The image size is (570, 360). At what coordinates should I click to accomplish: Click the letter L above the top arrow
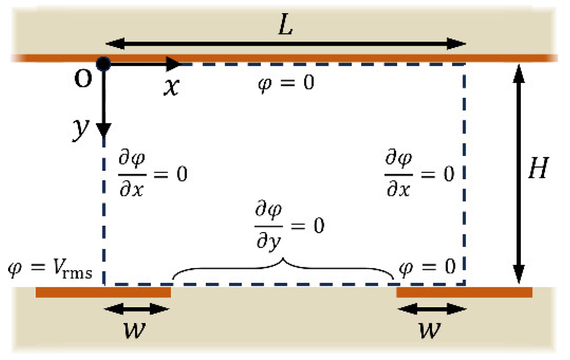[x=286, y=26]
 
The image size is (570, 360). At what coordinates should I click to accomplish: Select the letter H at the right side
[x=539, y=168]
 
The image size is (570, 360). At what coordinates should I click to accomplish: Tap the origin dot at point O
[x=104, y=63]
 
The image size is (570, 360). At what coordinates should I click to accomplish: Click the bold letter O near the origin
[x=83, y=79]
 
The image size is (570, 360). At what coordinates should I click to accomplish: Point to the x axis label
[x=171, y=87]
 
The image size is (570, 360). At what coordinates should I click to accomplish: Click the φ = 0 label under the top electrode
[x=286, y=83]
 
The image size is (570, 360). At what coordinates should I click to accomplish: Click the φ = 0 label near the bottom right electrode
[x=427, y=267]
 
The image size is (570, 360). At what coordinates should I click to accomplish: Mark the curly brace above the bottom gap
[x=283, y=268]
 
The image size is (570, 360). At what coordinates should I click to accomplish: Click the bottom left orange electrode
[x=103, y=292]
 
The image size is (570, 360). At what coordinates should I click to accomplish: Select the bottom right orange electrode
[x=464, y=292]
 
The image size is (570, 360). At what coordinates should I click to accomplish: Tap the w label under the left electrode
[x=135, y=330]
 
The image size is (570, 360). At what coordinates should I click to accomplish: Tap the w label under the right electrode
[x=430, y=330]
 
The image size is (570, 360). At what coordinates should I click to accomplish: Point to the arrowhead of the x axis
[x=174, y=63]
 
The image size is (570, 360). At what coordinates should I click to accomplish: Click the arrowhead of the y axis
[x=104, y=130]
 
